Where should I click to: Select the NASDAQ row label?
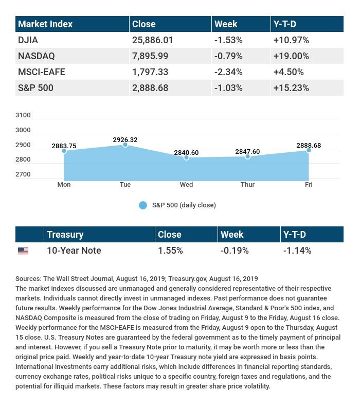[x=36, y=56]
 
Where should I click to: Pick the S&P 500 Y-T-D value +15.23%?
[x=291, y=87]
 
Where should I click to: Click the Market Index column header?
[x=45, y=24]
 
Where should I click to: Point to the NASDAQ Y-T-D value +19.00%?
[x=291, y=56]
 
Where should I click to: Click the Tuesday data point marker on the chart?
[x=125, y=145]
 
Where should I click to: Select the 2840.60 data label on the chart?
[x=186, y=153]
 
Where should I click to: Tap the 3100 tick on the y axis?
[x=23, y=115]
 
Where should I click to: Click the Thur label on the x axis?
[x=247, y=184]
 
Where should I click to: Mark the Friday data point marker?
[x=309, y=150]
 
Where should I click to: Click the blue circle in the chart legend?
[x=143, y=205]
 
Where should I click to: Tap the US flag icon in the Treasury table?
[x=23, y=251]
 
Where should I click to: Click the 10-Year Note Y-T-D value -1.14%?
[x=297, y=251]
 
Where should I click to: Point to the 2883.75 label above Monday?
[x=64, y=146]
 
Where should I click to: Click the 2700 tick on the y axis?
[x=23, y=174]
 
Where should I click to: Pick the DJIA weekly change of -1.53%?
[x=228, y=40]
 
